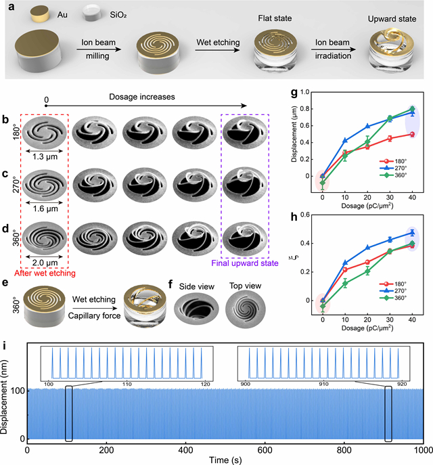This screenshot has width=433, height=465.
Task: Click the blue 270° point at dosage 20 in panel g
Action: click(x=367, y=126)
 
